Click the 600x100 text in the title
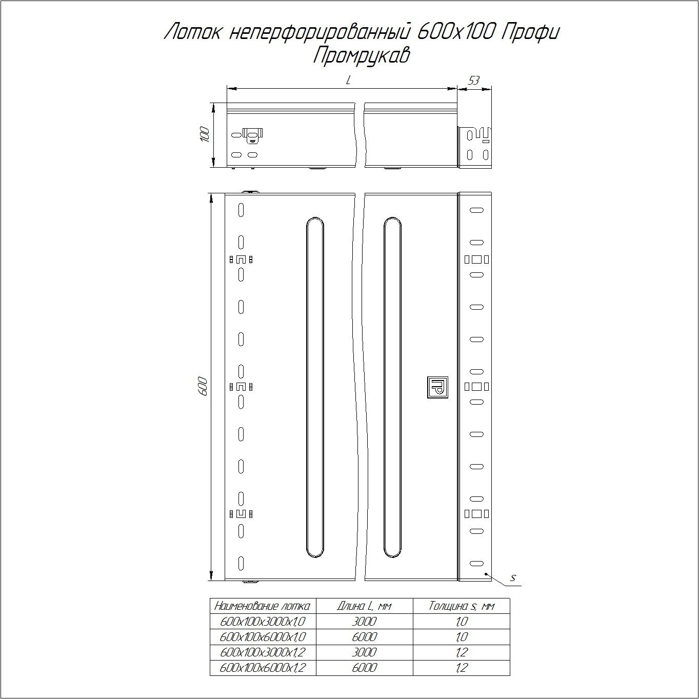coord(456,32)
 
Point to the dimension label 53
coord(474,80)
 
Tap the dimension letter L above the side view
coord(348,80)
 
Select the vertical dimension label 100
coord(205,134)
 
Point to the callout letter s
coord(512,578)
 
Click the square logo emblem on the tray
coord(437,387)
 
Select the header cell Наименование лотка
coord(262,606)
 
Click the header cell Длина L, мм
coord(364,606)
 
